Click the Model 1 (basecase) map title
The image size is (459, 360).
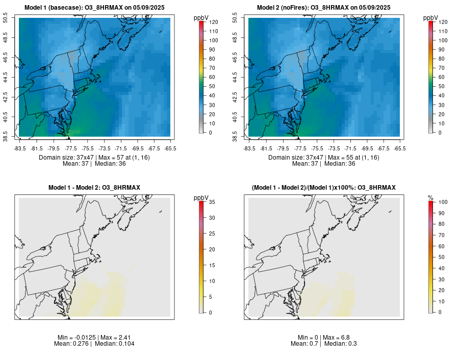tap(94, 8)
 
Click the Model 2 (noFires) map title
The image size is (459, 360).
tap(324, 8)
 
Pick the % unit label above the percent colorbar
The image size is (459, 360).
tap(430, 198)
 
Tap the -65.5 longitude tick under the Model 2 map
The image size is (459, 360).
tap(400, 148)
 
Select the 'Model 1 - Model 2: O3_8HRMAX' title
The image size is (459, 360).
tap(94, 188)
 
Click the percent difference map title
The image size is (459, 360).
tap(324, 188)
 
